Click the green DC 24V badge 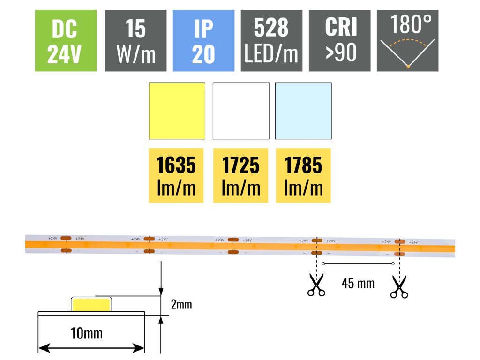coord(66,41)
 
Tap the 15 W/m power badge coord(135,41)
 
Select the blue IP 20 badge coord(203,41)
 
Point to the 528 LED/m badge coord(271,41)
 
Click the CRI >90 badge coord(340,41)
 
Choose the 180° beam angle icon coord(408,41)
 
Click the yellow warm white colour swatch coord(177,111)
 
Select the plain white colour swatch coord(241,111)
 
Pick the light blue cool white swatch coord(303,111)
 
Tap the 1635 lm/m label coord(176,176)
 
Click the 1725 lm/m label coord(240,176)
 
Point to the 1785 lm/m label coord(303,176)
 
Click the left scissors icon coord(316,285)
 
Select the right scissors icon coord(399,287)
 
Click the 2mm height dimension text coord(181,305)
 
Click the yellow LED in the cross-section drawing coord(91,305)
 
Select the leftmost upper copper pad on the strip coord(66,239)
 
